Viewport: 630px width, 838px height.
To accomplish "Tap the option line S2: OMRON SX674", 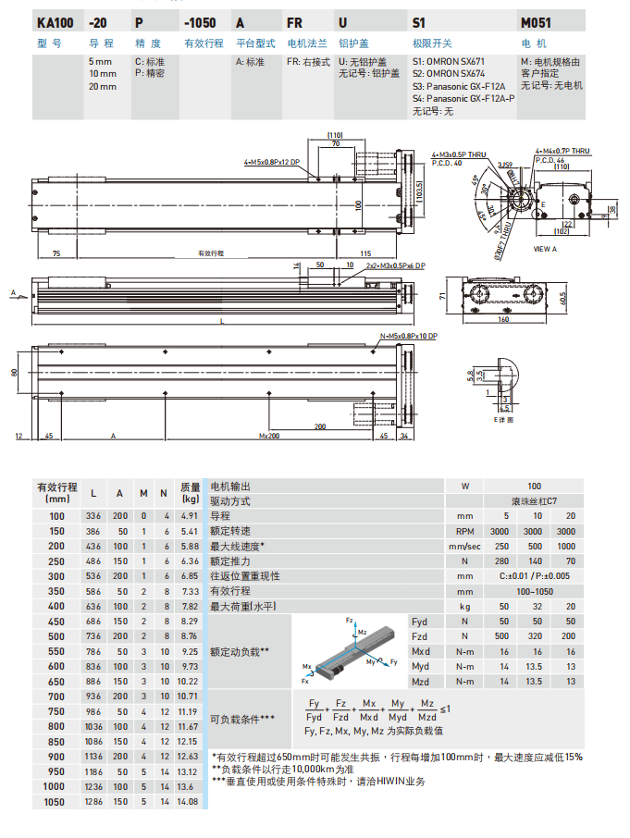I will tap(448, 74).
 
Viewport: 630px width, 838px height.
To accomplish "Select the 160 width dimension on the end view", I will tap(503, 320).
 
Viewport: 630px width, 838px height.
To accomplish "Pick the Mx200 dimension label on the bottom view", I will tap(269, 435).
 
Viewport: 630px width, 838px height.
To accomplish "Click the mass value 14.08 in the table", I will tap(190, 802).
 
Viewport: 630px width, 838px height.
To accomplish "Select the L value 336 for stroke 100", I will tap(94, 514).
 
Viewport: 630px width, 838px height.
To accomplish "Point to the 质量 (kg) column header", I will tap(190, 492).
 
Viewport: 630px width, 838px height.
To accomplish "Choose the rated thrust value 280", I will tap(503, 561).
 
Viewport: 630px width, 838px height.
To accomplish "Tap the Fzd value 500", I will tap(503, 635).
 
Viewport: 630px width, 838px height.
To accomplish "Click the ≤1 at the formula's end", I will tap(446, 709).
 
